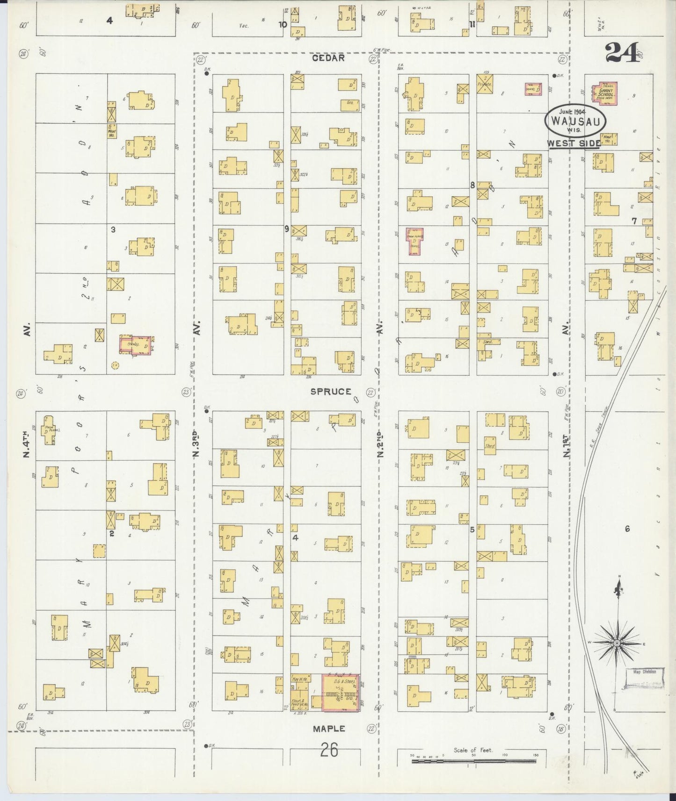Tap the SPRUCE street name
click(x=331, y=392)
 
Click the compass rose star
click(x=617, y=644)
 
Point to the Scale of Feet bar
click(x=475, y=761)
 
